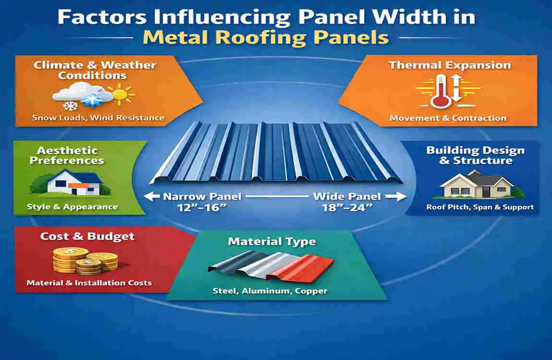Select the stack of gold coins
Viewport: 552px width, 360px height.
tap(84, 262)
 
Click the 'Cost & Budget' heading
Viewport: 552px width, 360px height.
tap(87, 236)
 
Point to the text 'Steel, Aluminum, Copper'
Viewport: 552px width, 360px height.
tap(270, 291)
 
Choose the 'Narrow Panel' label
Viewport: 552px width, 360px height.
tap(202, 196)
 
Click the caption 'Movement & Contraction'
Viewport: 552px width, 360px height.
tap(448, 118)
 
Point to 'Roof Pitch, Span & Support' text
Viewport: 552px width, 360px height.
tap(480, 207)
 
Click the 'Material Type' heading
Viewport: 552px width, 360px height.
tap(272, 241)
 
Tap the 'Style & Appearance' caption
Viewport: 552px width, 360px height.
tap(72, 207)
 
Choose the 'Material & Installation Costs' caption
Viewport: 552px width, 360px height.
tap(89, 283)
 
